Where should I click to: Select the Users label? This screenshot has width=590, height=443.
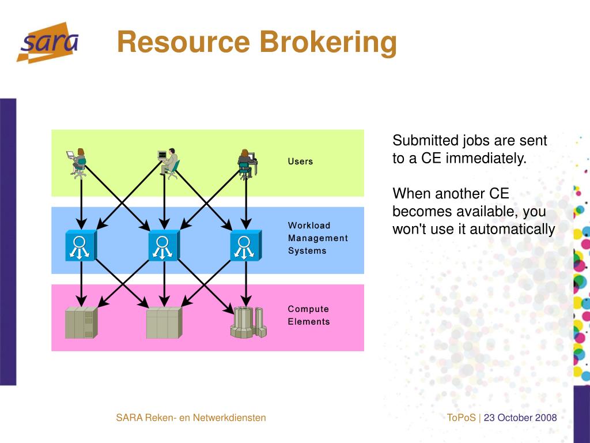point(300,162)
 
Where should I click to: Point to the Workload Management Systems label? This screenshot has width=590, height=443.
point(317,238)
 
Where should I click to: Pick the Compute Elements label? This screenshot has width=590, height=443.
point(309,316)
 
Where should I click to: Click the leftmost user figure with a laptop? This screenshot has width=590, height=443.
point(78,163)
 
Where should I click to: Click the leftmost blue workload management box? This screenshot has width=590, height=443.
point(81,246)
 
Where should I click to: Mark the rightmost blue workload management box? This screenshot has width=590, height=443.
point(246,246)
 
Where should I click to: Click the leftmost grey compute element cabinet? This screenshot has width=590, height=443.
point(81,322)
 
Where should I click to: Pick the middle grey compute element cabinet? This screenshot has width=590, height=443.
point(164,322)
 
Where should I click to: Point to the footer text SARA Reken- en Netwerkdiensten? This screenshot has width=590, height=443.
point(191,418)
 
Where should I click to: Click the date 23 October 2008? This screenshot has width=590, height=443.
point(520,418)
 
